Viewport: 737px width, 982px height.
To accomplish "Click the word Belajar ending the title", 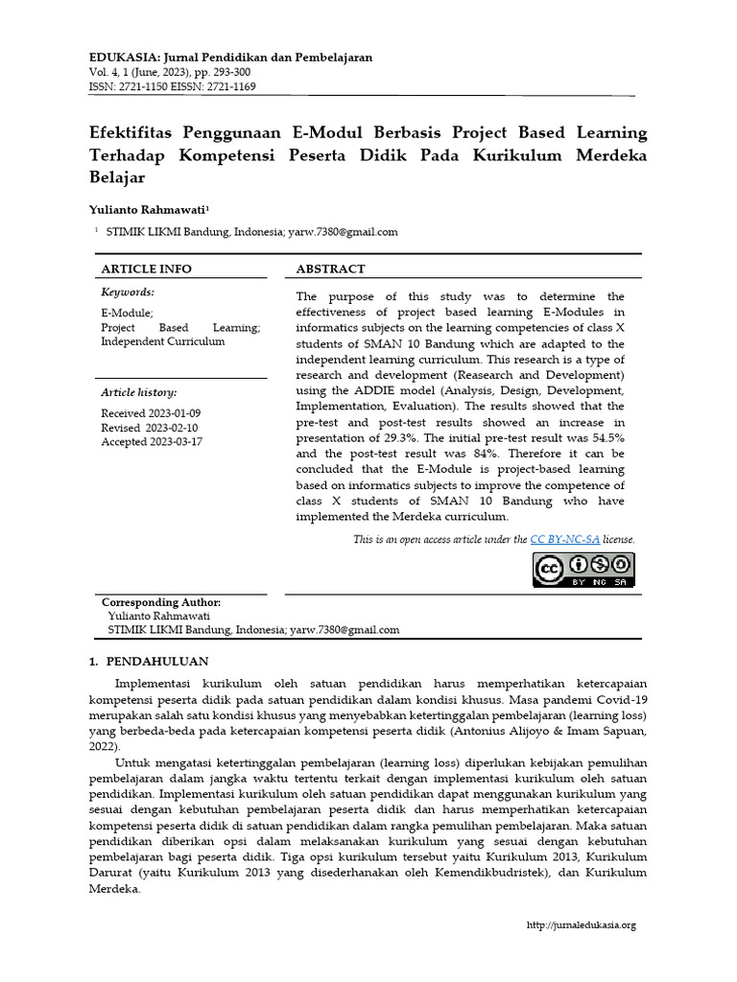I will [118, 178].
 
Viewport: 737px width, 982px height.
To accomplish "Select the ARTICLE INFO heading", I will [147, 269].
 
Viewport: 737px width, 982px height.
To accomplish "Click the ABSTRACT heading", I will [330, 269].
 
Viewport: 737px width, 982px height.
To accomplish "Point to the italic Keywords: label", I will [128, 292].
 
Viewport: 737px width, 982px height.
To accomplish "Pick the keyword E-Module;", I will [127, 313].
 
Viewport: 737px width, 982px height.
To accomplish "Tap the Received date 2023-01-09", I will [175, 413].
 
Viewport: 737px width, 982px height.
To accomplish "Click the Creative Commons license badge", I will [584, 570].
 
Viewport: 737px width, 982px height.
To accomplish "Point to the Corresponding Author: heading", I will [161, 601].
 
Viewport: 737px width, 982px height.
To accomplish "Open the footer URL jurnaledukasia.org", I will [582, 925].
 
